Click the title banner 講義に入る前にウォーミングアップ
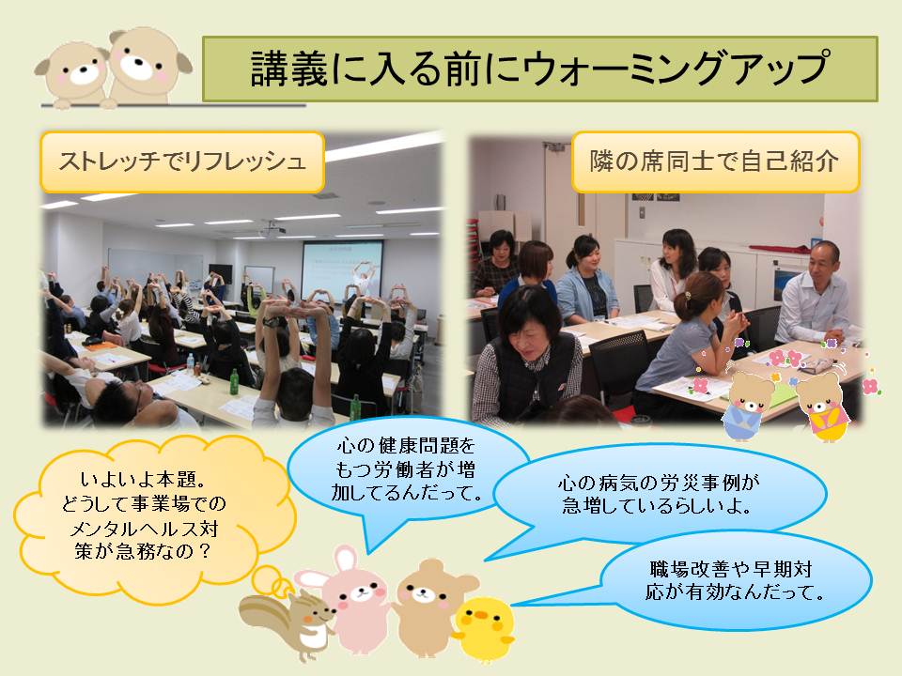pyautogui.click(x=539, y=69)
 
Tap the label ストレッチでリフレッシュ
pyautogui.click(x=182, y=161)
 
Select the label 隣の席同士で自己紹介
pyautogui.click(x=715, y=161)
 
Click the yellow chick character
pyautogui.click(x=483, y=628)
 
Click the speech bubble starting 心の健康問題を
pyautogui.click(x=407, y=469)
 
